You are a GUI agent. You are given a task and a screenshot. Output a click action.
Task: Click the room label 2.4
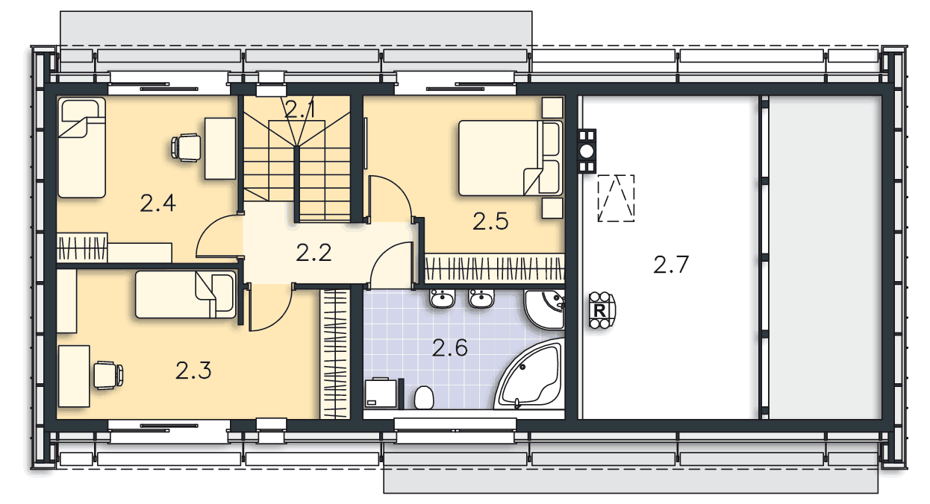[157, 203]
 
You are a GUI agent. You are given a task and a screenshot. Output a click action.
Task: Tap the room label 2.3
[193, 370]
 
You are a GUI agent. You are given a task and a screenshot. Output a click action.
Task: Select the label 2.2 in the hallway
[313, 253]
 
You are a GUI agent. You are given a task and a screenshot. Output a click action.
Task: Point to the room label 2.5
[490, 221]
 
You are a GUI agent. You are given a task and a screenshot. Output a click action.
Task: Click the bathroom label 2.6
[450, 347]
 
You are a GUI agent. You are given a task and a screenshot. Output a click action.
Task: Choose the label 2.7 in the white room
[670, 265]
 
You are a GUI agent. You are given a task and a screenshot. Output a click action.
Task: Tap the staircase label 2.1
[300, 110]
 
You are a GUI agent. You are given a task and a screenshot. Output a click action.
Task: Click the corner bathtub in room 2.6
[531, 379]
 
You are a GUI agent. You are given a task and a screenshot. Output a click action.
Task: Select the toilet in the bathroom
[423, 398]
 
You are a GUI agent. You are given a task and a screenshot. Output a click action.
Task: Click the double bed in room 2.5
[500, 158]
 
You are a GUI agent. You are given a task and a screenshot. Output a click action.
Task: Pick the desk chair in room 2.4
[186, 146]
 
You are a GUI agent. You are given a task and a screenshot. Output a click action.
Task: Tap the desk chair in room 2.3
[107, 374]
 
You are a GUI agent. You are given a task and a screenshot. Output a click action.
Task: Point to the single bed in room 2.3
[185, 294]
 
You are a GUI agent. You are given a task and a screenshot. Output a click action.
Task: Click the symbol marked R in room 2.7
[599, 309]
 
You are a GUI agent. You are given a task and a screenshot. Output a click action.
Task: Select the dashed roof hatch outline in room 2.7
[616, 198]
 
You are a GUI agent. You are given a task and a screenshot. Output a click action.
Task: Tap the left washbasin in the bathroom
[442, 300]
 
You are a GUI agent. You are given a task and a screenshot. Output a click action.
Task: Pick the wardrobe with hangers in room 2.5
[493, 268]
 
